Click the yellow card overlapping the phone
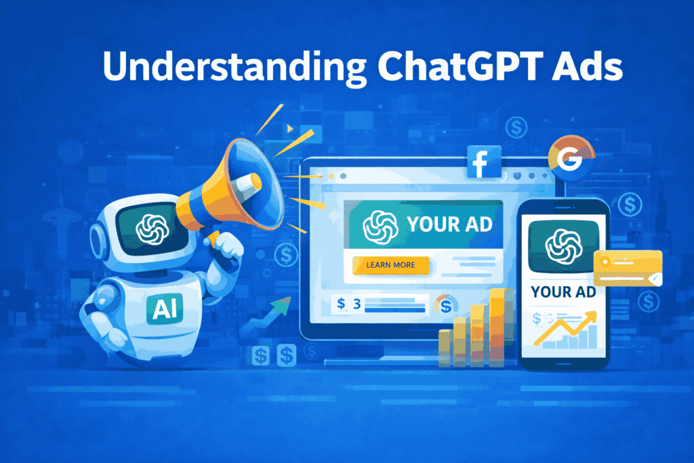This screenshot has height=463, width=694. coord(627,268)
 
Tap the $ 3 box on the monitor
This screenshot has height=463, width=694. coord(349,304)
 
